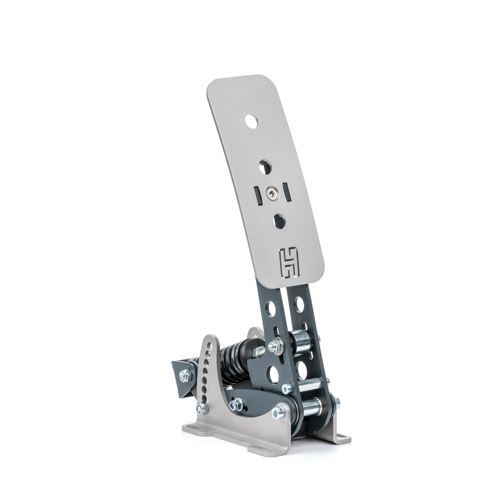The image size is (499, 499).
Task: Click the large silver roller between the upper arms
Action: [302, 345]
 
